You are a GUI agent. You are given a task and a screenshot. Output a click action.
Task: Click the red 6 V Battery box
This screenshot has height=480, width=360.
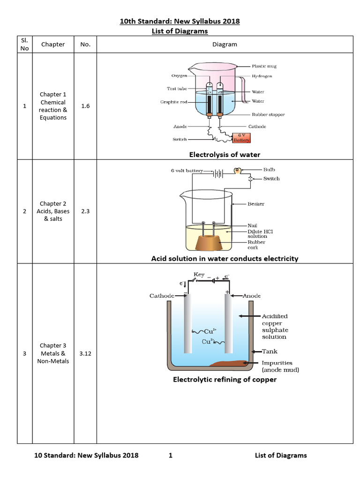pyautogui.click(x=241, y=138)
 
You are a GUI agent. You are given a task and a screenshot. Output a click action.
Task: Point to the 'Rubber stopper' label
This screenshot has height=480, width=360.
pyautogui.click(x=268, y=114)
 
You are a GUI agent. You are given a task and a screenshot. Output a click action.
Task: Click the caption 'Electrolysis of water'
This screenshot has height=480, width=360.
pyautogui.click(x=225, y=154)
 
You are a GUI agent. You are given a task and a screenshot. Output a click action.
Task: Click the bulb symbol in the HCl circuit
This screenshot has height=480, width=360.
pyautogui.click(x=238, y=171)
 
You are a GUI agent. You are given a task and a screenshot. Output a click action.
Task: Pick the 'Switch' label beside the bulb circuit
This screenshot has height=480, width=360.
pyautogui.click(x=271, y=179)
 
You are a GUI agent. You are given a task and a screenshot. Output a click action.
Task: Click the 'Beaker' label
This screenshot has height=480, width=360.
pyautogui.click(x=256, y=204)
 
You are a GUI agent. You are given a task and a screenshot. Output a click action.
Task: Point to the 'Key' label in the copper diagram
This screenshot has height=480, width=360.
pyautogui.click(x=199, y=274)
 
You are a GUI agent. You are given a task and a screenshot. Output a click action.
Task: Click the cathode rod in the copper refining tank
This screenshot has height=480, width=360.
pyautogui.click(x=188, y=324)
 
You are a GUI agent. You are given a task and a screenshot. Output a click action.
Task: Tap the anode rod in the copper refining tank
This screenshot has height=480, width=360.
pyautogui.click(x=229, y=324)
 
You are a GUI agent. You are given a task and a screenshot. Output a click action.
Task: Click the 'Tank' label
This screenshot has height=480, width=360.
pyautogui.click(x=270, y=351)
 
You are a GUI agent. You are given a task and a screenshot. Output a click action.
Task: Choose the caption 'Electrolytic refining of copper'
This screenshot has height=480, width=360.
pyautogui.click(x=225, y=379)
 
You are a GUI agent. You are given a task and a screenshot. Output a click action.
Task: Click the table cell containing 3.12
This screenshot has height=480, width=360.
pyautogui.click(x=85, y=353)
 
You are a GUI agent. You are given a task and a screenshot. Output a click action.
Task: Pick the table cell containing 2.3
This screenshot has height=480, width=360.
pyautogui.click(x=85, y=211)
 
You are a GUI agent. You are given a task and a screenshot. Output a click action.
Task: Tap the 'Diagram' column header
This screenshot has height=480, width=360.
pyautogui.click(x=225, y=45)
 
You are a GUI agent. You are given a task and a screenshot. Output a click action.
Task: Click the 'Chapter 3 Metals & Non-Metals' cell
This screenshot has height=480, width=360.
pyautogui.click(x=53, y=353)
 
